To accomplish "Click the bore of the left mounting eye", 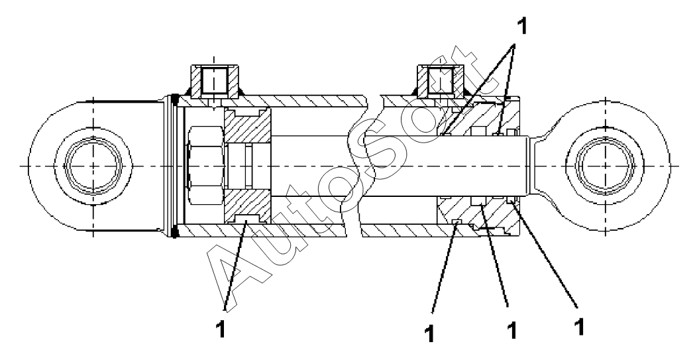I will pyautogui.click(x=93, y=164).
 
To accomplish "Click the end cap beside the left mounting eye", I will pyautogui.click(x=170, y=164).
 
